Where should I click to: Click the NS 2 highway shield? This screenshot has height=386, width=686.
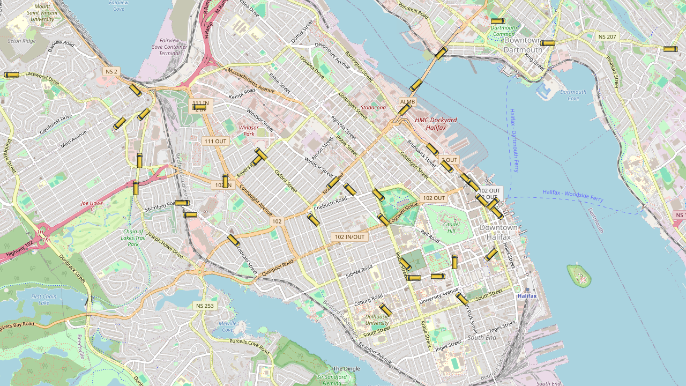111,71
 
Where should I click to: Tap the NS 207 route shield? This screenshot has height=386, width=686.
607,37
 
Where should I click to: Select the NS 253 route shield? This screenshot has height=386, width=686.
205,306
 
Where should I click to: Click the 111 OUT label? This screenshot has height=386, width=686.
215,141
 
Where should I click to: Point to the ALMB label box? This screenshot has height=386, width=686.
407,101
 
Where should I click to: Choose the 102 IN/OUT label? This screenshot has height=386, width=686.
349,237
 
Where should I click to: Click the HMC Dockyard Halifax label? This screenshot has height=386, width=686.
436,124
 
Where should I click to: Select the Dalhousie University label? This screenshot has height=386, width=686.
377,320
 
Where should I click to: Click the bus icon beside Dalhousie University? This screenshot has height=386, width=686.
386,310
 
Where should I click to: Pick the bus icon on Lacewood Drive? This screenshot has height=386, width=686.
11,75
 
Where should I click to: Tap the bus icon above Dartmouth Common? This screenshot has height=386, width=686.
497,21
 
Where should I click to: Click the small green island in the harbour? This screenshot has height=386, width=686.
579,276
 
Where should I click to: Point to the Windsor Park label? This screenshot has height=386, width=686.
249,130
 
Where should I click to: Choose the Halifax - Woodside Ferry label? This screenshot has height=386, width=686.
572,196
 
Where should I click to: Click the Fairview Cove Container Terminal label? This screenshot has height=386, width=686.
169,47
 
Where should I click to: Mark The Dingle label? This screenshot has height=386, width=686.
346,369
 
